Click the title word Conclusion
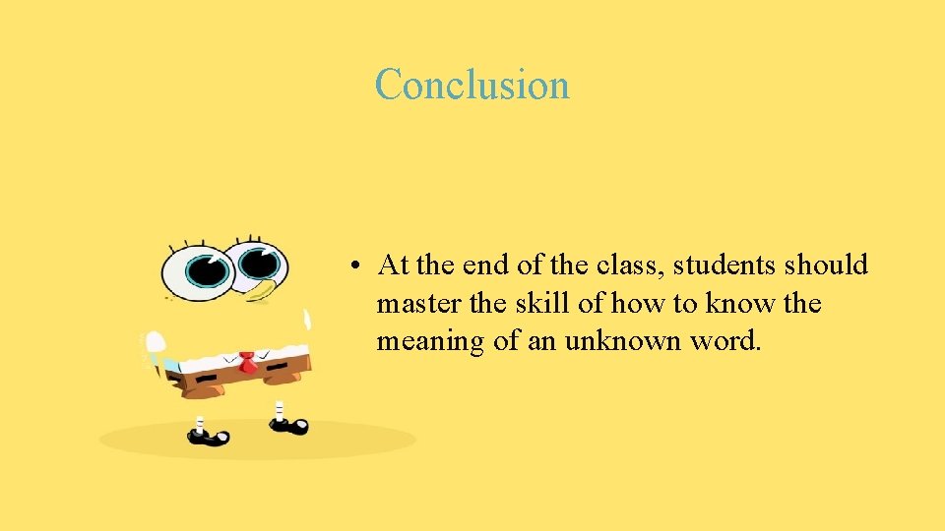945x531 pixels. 472,85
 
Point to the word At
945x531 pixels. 393,265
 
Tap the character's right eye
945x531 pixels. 257,264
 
